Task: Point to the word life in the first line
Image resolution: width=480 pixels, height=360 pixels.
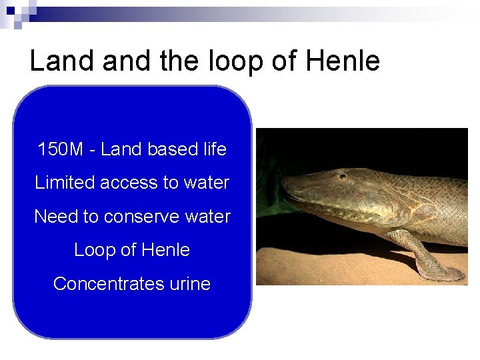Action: (x=213, y=149)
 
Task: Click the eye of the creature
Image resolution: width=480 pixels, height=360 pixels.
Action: (x=342, y=176)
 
